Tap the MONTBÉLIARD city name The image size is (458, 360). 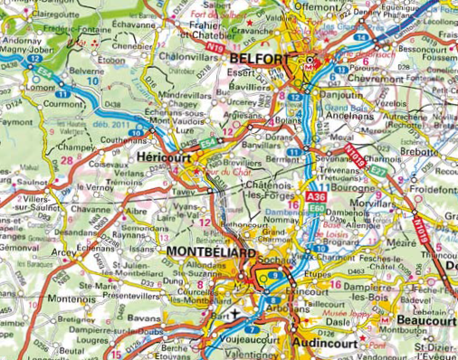click(x=210, y=251)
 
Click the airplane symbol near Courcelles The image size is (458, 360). click(x=236, y=314)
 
